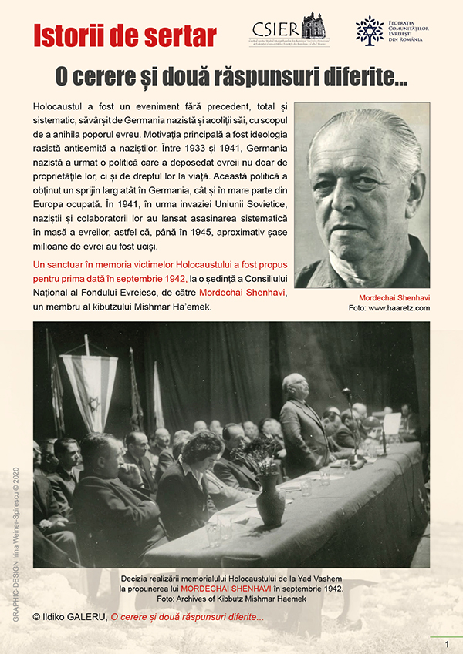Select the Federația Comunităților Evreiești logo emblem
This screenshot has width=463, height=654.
point(370,29)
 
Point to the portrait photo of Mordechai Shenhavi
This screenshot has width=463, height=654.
point(362,196)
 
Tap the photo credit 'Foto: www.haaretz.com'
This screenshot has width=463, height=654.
point(389,308)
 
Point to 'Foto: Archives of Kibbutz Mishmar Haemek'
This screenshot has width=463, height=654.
point(231,600)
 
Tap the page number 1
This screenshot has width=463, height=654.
point(446,644)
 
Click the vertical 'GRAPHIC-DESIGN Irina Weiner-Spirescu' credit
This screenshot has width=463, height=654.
point(15,543)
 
